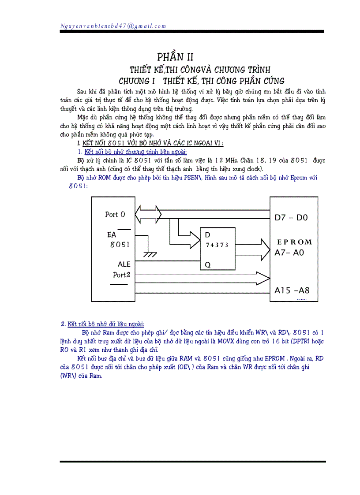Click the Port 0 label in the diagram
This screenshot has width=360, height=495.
115,215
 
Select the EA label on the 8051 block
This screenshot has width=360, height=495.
112,235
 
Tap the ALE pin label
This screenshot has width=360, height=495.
124,264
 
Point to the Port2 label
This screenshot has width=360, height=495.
122,275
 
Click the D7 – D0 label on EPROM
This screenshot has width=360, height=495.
292,217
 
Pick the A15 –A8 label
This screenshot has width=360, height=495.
292,290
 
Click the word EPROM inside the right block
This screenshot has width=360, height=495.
294,242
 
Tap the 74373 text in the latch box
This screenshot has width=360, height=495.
217,245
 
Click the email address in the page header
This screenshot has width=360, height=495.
113,26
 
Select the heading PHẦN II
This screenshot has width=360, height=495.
176,57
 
